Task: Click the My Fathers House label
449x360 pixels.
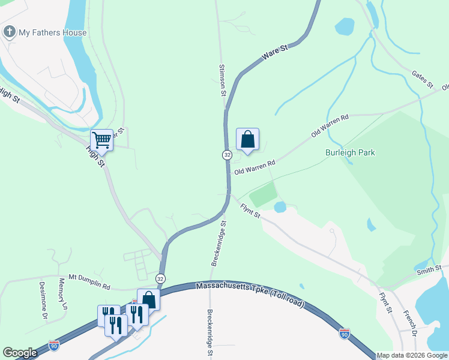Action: pyautogui.click(x=53, y=32)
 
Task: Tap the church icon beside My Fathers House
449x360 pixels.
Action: pyautogui.click(x=10, y=32)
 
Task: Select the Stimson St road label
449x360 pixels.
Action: pyautogui.click(x=222, y=81)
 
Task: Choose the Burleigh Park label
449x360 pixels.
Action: pyautogui.click(x=350, y=152)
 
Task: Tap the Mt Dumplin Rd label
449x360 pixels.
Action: pyautogui.click(x=89, y=278)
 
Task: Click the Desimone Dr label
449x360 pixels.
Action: pyautogui.click(x=43, y=298)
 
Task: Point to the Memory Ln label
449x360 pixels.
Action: pyautogui.click(x=62, y=293)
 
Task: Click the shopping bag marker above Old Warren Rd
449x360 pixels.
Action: pyautogui.click(x=247, y=139)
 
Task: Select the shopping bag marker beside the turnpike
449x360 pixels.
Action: pyautogui.click(x=148, y=300)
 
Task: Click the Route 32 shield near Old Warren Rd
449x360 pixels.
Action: pyautogui.click(x=227, y=155)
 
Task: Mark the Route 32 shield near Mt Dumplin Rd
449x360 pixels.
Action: pyautogui.click(x=160, y=278)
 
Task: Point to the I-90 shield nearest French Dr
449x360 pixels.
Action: pyautogui.click(x=344, y=334)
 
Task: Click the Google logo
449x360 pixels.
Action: pyautogui.click(x=20, y=353)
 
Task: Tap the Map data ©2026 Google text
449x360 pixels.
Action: pyautogui.click(x=412, y=356)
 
